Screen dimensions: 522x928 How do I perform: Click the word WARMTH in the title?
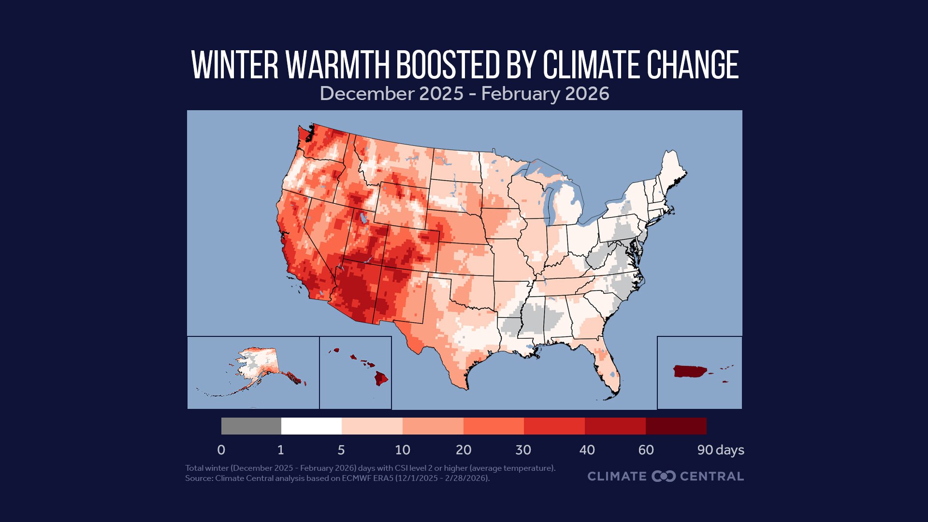(338, 65)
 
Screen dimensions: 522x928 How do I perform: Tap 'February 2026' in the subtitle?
(545, 93)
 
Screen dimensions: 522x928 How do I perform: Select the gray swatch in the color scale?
(251, 426)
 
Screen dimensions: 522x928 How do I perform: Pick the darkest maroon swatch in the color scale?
(676, 426)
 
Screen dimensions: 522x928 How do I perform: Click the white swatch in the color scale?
(311, 426)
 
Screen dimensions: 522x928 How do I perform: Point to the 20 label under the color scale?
(463, 450)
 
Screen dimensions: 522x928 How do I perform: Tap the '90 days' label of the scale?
(720, 450)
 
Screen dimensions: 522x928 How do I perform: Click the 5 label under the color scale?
(341, 450)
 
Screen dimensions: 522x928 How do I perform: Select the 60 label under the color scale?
(646, 450)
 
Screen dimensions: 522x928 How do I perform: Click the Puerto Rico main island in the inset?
(689, 371)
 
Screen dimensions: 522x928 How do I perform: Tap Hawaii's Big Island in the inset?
(381, 378)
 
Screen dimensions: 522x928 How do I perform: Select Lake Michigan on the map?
(548, 203)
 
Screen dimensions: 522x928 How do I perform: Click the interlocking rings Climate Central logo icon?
(663, 476)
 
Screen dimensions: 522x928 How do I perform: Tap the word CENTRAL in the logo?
(711, 476)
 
